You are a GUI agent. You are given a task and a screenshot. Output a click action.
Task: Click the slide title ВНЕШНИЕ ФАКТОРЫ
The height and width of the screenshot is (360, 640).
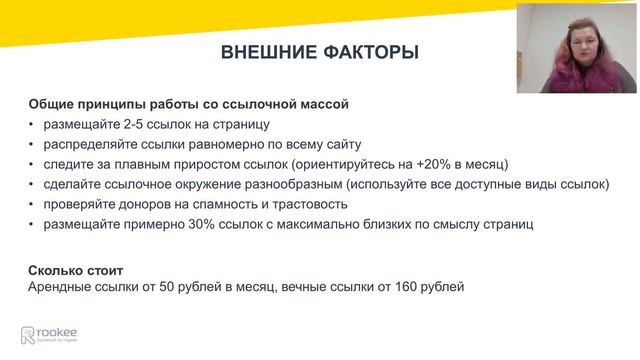pyautogui.click(x=319, y=52)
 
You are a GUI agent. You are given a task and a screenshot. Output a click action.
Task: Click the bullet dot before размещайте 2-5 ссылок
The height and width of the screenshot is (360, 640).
pyautogui.click(x=32, y=124)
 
